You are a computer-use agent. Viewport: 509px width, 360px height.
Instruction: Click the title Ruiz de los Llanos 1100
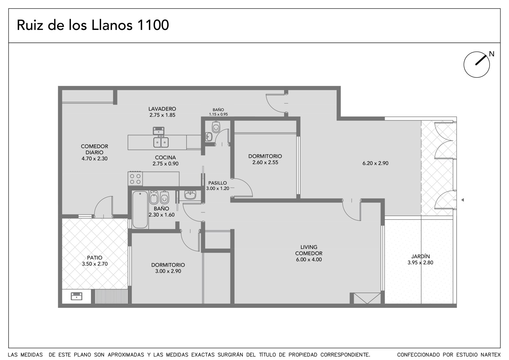pos(93,25)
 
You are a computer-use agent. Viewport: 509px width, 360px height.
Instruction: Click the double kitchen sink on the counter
pos(161,142)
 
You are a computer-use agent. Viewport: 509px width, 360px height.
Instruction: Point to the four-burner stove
pos(135,179)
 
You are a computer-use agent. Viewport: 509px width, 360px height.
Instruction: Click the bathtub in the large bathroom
pos(140,209)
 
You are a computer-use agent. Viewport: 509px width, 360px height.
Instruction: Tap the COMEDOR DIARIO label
pos(94,152)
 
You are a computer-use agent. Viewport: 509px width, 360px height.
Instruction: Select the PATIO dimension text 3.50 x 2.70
pos(95,264)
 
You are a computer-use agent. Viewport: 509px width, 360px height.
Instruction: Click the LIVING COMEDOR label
pos(309,253)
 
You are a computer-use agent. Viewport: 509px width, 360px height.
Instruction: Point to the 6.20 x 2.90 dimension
pos(375,163)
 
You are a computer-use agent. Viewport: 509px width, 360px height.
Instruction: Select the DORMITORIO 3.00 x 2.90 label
pos(168,268)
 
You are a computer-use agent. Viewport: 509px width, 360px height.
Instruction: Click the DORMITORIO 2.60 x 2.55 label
pos(265,159)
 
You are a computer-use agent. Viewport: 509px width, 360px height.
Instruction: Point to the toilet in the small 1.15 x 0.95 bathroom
pos(216,127)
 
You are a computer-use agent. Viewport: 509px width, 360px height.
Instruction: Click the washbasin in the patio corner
pos(77,296)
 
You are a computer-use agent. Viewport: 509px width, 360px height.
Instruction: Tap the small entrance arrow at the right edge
pos(463,200)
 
